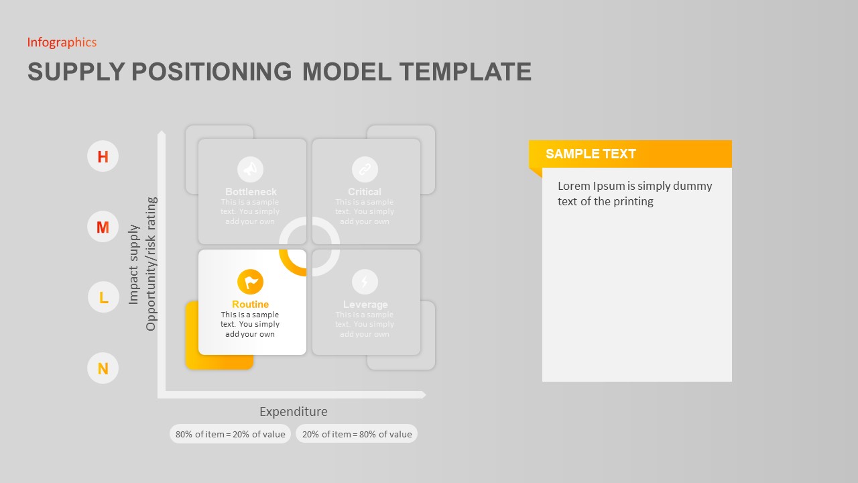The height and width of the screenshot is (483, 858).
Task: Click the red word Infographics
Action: (x=62, y=42)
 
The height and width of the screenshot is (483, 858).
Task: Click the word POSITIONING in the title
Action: (x=211, y=72)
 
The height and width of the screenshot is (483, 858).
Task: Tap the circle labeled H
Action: (x=103, y=156)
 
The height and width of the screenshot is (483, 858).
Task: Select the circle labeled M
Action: (x=103, y=227)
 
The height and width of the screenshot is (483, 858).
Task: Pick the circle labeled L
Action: (x=103, y=297)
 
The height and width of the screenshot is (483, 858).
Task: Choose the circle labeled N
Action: (x=103, y=368)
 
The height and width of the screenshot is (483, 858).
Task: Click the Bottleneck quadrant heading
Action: (x=251, y=192)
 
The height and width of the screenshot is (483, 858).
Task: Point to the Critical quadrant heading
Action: (x=365, y=192)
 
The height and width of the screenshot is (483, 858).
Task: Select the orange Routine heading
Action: (x=250, y=305)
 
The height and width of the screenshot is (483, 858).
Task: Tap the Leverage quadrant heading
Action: (x=365, y=305)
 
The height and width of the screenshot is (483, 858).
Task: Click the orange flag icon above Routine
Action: (x=251, y=282)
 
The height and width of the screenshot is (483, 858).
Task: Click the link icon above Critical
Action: (x=365, y=169)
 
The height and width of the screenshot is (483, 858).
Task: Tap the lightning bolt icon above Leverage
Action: (x=365, y=282)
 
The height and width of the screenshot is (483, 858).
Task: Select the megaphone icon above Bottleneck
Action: (x=251, y=169)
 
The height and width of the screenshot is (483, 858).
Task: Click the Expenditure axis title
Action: (x=294, y=412)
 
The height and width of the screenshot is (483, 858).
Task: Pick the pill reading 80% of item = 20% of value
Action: (x=230, y=434)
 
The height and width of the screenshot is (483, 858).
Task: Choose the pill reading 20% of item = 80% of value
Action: (x=357, y=434)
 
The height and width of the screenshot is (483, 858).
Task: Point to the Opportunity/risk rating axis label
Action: (x=151, y=264)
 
